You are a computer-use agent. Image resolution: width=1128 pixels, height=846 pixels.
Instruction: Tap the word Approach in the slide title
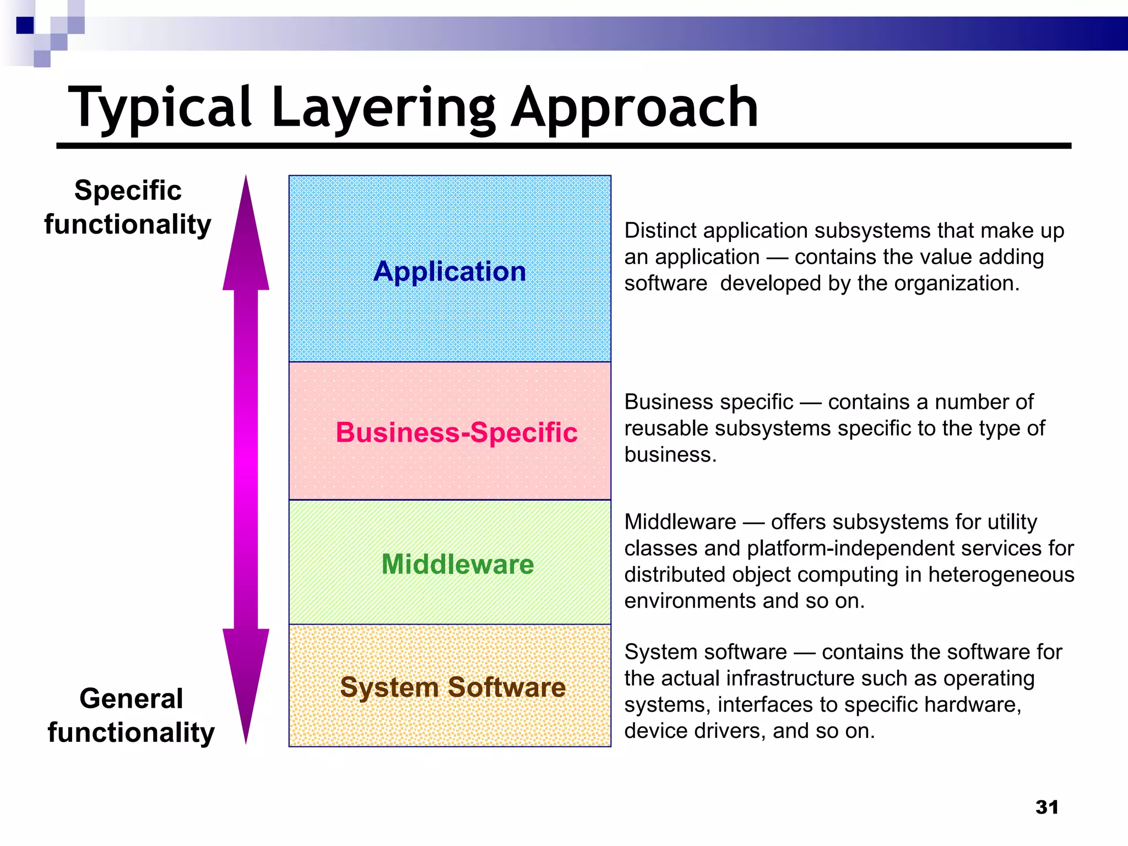[634, 109]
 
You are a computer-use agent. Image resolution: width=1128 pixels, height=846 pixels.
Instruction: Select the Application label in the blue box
[449, 272]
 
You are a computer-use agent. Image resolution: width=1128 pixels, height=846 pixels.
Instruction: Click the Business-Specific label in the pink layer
[457, 432]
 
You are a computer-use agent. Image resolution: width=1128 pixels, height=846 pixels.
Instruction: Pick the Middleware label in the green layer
[458, 565]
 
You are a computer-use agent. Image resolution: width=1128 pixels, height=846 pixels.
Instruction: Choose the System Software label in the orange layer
[453, 687]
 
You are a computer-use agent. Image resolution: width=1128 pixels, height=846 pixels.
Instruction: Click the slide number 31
[1046, 807]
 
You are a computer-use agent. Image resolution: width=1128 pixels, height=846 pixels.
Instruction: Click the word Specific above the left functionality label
[128, 191]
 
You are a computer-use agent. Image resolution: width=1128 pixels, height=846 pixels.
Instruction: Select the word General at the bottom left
[131, 699]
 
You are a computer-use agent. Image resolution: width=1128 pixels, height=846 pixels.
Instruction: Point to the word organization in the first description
[956, 284]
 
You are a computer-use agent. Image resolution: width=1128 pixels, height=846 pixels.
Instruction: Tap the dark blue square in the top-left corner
[25, 25]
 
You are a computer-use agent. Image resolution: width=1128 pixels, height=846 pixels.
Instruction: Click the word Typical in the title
[160, 109]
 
